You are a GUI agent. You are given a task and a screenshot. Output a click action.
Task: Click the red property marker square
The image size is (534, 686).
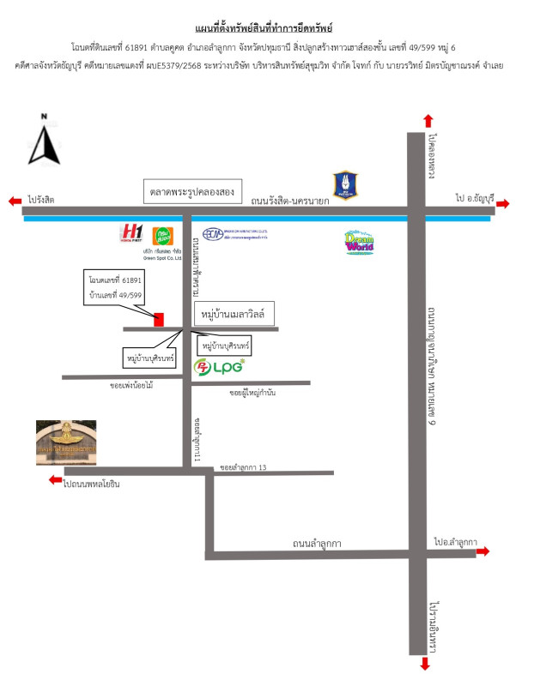(x=159, y=320)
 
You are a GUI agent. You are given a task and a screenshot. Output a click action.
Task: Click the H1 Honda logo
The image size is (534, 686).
(x=131, y=232)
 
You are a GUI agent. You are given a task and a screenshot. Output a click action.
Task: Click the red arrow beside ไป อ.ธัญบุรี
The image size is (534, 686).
(x=502, y=203)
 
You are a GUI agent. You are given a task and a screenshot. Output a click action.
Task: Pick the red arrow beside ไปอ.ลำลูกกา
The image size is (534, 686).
(x=483, y=551)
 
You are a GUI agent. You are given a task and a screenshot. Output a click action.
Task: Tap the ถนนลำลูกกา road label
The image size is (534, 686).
(x=317, y=543)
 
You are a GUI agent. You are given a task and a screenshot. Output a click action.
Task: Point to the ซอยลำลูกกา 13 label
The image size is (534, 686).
(x=244, y=467)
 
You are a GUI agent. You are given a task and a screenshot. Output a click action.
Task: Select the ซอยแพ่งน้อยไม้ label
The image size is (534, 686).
(x=131, y=386)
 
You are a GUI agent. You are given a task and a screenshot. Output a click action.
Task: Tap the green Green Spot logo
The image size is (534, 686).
(x=161, y=234)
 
